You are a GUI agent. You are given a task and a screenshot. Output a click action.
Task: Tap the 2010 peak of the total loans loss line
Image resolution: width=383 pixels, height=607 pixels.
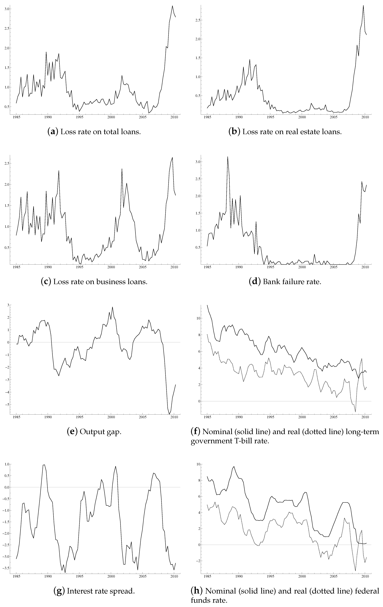coord(172,6)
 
